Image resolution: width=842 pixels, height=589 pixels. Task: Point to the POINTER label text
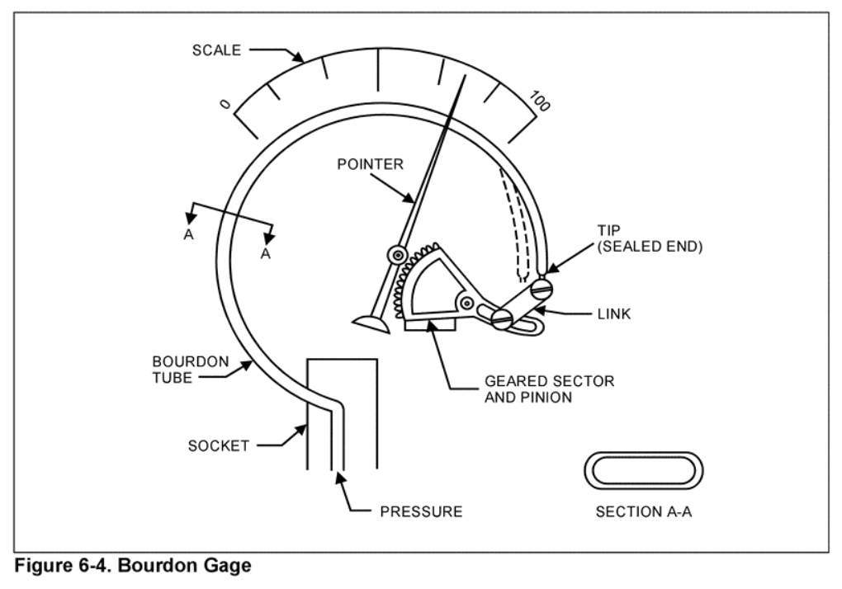coord(371,164)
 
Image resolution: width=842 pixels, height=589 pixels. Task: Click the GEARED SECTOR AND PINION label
coord(550,389)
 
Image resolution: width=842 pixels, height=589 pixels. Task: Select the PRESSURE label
coord(421,511)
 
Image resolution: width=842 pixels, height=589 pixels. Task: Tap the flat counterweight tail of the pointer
coord(369,323)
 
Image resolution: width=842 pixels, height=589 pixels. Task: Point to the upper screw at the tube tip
coord(540,290)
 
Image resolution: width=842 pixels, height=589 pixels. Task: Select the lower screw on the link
coord(502,318)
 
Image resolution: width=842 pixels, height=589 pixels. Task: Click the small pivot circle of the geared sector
coord(467,304)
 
